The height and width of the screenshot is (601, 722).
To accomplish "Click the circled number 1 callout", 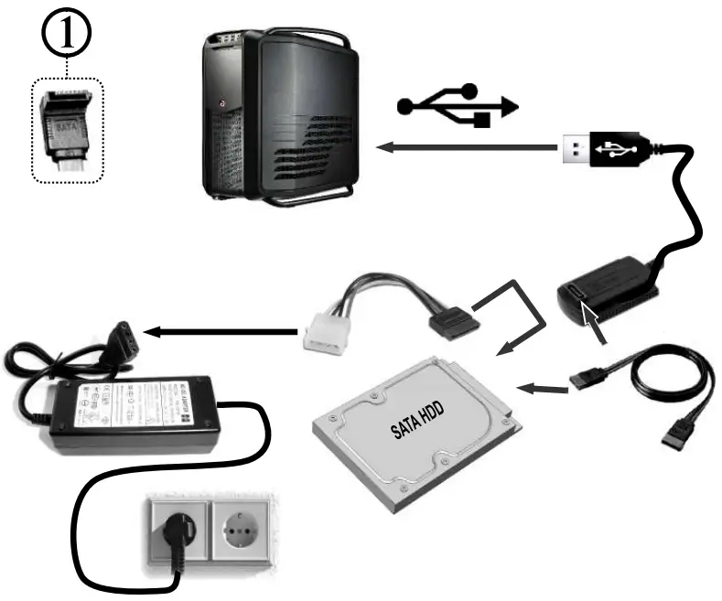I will [x=70, y=37].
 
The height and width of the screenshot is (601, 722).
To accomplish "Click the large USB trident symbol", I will [x=457, y=104].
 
